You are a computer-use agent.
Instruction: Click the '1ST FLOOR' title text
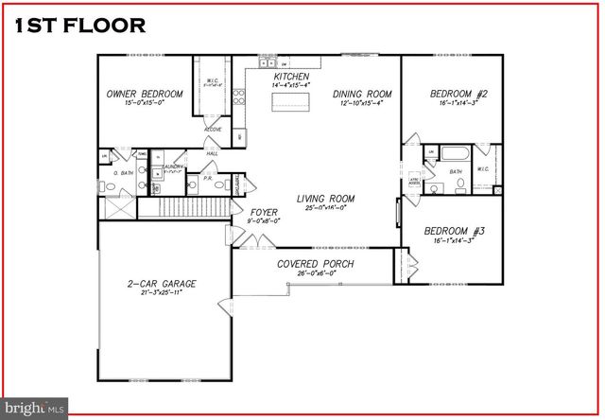[81, 26]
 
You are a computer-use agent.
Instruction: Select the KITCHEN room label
[291, 76]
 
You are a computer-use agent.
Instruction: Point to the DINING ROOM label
[362, 94]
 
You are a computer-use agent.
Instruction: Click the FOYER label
[264, 213]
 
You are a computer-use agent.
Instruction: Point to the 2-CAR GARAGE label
[162, 283]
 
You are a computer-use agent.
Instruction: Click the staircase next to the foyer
[185, 207]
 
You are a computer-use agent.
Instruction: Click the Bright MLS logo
[35, 407]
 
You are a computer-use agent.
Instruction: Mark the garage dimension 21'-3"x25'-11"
[162, 293]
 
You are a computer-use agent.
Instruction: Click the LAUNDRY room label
[173, 166]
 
